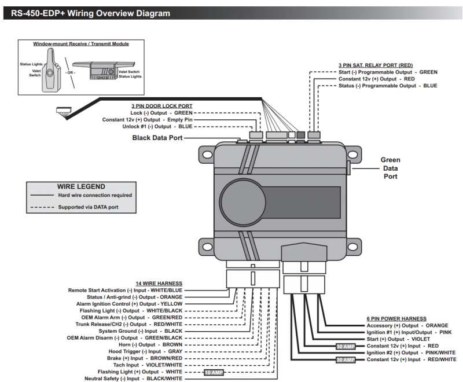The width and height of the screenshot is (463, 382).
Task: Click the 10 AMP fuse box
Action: (x=214, y=372)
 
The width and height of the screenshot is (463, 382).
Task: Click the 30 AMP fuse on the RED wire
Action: (x=345, y=346)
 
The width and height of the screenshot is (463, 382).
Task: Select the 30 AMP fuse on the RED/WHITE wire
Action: (x=345, y=360)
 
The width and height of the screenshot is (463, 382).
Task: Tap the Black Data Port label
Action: (x=157, y=138)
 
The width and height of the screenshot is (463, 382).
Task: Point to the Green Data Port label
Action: (x=390, y=168)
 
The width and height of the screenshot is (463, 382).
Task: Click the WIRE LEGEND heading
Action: (x=81, y=186)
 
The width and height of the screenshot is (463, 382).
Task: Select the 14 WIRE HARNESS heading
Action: (x=159, y=284)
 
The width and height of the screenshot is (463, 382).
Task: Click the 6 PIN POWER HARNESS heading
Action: (x=396, y=318)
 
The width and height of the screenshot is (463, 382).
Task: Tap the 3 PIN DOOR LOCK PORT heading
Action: (x=161, y=106)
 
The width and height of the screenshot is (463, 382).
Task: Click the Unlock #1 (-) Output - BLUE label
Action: (x=156, y=126)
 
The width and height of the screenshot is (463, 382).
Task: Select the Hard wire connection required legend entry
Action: (x=95, y=196)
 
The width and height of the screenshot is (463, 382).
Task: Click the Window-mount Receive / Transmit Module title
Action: (x=81, y=44)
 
